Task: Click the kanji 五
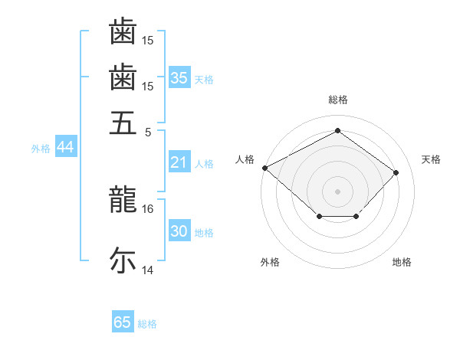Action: tap(123, 122)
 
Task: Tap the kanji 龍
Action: tap(123, 199)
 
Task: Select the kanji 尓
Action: tap(123, 260)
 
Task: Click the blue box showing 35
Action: tap(179, 78)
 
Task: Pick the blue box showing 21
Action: tap(179, 162)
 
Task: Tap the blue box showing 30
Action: tap(179, 232)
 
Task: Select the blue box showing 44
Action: tap(65, 148)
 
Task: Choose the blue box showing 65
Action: tap(123, 322)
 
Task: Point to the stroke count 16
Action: tap(148, 208)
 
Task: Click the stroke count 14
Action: tap(148, 270)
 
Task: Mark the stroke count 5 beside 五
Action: tap(148, 131)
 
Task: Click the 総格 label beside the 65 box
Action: tap(148, 324)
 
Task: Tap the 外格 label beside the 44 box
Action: tap(41, 149)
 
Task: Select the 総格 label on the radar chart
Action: tap(337, 100)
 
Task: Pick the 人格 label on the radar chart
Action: tap(245, 159)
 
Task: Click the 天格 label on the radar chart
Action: tap(431, 159)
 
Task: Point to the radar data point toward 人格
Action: tap(264, 168)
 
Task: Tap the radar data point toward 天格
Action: tap(396, 172)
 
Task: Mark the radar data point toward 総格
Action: tap(337, 130)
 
